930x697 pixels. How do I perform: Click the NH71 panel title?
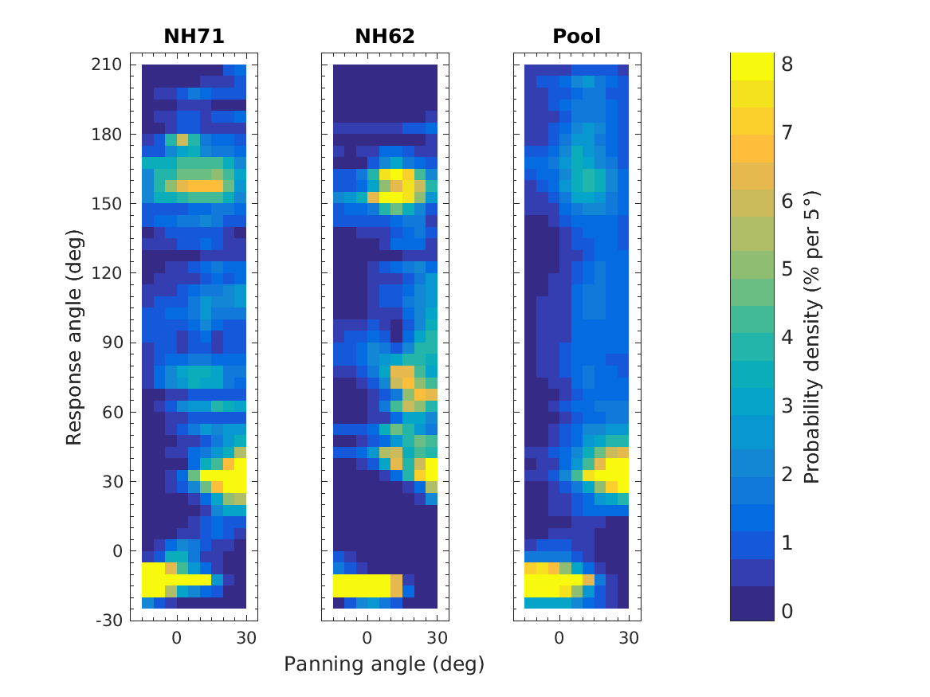click(x=194, y=37)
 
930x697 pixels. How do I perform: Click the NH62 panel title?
click(x=385, y=37)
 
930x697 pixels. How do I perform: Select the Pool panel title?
click(x=577, y=37)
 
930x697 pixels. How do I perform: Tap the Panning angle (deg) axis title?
click(x=384, y=664)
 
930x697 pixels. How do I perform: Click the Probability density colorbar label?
click(x=812, y=337)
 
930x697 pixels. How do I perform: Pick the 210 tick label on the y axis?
click(x=106, y=65)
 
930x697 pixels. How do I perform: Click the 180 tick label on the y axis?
click(x=106, y=134)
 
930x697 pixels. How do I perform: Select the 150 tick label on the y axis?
click(x=106, y=203)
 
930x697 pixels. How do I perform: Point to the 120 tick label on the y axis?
click(x=106, y=272)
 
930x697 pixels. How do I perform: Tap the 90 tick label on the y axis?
click(x=111, y=343)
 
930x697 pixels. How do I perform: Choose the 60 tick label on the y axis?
click(x=111, y=412)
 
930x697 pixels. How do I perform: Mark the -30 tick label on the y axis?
click(x=108, y=621)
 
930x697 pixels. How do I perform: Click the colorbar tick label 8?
click(x=787, y=65)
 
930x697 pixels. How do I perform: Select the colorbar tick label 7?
click(x=787, y=134)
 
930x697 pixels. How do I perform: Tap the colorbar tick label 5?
click(x=787, y=270)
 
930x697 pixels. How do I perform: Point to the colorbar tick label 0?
click(x=787, y=611)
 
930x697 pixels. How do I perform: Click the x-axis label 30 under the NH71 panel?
click(x=245, y=637)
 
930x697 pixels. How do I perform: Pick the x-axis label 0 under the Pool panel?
click(x=559, y=637)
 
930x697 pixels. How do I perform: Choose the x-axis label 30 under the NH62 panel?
click(x=437, y=637)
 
